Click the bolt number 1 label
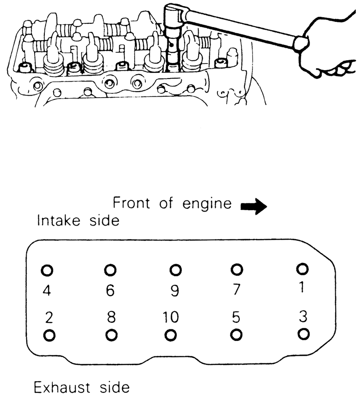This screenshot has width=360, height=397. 302,287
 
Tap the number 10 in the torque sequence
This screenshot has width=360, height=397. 171,317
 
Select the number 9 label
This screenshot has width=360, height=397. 175,291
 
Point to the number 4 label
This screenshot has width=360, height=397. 47,290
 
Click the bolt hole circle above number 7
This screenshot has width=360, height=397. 237,269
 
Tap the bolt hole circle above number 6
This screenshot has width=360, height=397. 110,270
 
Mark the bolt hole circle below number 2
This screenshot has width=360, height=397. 49,336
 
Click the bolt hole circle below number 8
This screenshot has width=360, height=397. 111,335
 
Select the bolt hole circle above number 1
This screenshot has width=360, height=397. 302,269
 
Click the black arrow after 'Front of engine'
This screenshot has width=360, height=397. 253,206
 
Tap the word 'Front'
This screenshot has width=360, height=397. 131,203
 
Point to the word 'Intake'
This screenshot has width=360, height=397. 58,220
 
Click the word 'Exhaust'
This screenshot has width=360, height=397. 62,387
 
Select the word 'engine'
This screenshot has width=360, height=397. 207,204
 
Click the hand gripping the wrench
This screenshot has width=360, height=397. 327,48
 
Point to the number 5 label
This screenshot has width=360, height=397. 236,317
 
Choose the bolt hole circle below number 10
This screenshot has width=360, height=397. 170,335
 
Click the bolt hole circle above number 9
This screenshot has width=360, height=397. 175,270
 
